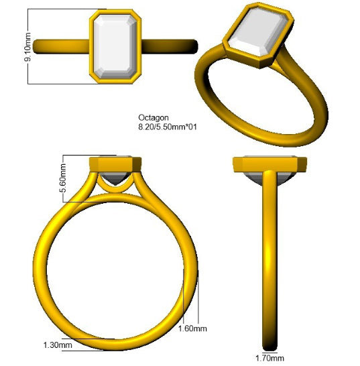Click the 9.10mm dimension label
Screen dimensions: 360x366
27,47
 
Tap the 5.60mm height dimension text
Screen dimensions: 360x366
63,178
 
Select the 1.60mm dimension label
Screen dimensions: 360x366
192,328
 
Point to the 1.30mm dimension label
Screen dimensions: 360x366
58,345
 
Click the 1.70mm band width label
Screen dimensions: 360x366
269,358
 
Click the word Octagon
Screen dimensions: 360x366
154,117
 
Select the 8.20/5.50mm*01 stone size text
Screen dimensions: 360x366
168,127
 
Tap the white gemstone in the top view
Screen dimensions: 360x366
115,46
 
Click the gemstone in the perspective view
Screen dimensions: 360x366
257,32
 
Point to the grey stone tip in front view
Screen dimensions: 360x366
115,178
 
